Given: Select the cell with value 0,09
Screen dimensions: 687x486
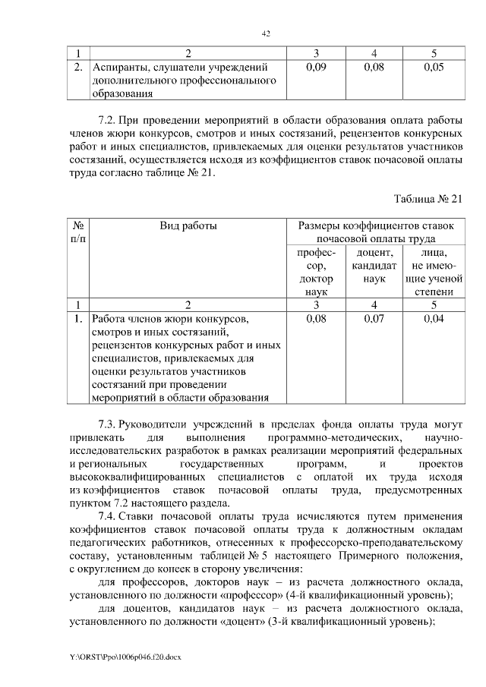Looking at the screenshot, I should [x=314, y=68].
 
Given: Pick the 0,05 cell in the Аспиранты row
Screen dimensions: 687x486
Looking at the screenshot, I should [x=434, y=68].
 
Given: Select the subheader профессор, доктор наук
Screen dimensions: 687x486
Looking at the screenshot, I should [x=314, y=272].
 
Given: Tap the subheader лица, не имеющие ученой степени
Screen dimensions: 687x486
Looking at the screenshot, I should [x=434, y=272].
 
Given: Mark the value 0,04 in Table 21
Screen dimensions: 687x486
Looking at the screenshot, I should [x=434, y=320].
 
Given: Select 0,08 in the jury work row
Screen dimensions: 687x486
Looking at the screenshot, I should [x=314, y=320].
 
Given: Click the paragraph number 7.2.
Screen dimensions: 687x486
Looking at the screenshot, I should [x=107, y=120].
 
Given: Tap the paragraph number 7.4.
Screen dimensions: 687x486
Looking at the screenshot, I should [x=107, y=517].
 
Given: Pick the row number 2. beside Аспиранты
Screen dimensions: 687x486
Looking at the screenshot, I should [x=77, y=68].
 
